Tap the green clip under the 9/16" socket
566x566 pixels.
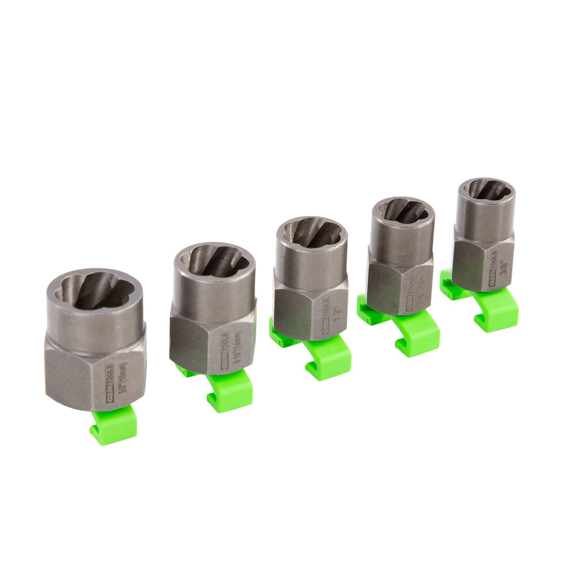click(x=226, y=398)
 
